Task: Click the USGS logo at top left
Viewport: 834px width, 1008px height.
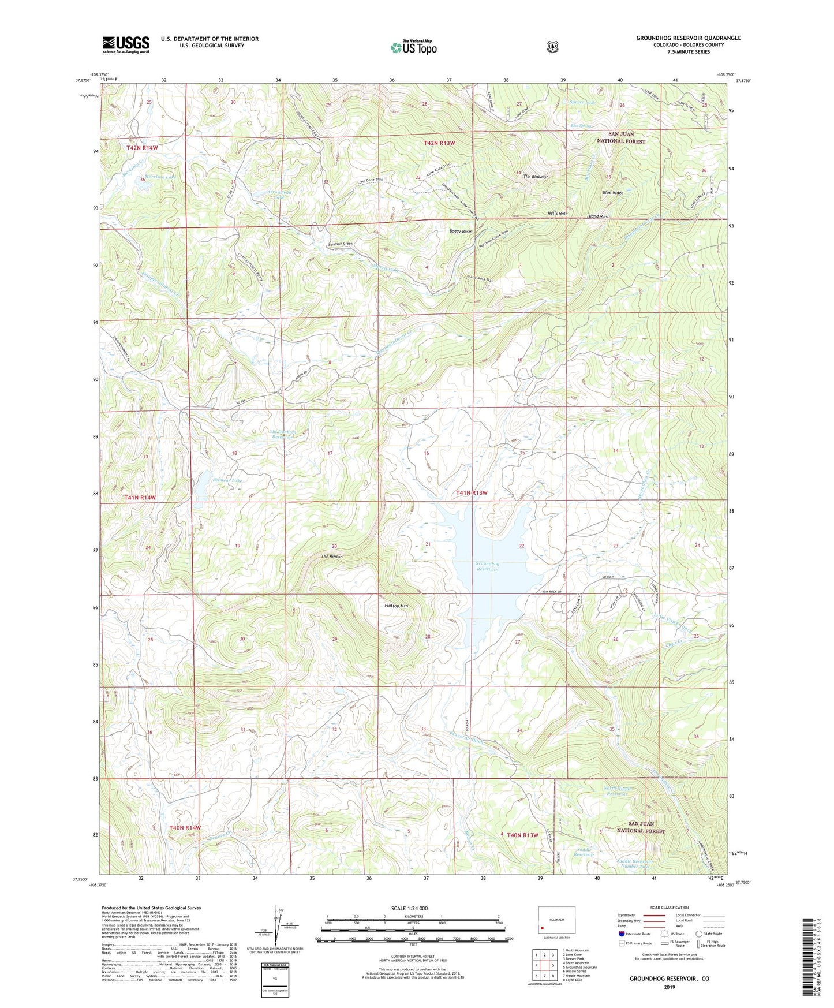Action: (126, 44)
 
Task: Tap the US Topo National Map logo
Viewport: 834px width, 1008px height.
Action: (414, 47)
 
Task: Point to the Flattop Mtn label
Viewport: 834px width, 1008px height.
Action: (396, 606)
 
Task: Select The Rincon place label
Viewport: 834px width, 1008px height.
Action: (332, 557)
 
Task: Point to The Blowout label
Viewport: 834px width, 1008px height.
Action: (535, 177)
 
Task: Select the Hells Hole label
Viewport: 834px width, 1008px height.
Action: (558, 214)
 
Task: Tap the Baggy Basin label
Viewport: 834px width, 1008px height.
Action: (461, 232)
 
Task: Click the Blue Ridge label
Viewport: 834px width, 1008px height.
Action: (612, 192)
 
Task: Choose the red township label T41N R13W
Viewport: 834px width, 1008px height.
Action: (472, 492)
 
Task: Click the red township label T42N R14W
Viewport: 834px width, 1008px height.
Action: (142, 148)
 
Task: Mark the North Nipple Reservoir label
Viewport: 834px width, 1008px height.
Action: (618, 790)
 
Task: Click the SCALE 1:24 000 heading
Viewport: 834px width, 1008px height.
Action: (409, 908)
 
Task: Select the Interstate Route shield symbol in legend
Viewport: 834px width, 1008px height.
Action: (621, 934)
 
